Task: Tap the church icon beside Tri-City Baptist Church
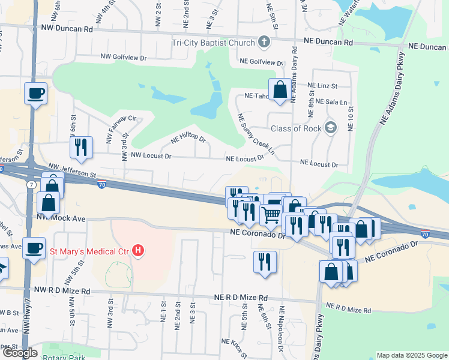263,42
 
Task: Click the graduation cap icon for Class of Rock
330,127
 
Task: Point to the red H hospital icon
139,250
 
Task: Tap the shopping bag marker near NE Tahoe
280,90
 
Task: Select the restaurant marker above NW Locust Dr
80,147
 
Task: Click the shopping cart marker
271,214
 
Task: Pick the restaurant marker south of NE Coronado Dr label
265,262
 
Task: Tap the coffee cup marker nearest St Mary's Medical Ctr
34,247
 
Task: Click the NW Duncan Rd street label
67,28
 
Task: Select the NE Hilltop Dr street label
188,139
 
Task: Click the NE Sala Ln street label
327,102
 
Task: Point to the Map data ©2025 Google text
411,355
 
